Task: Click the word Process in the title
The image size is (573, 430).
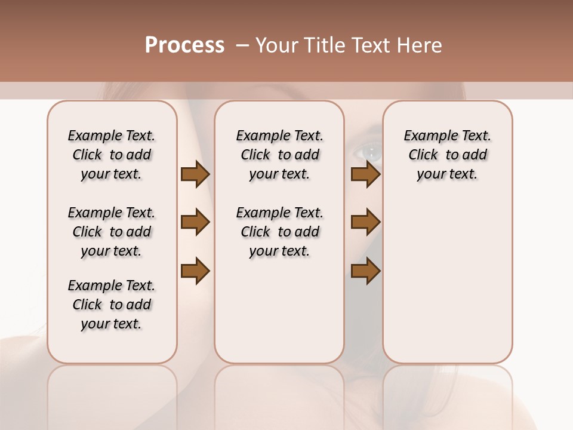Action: tap(184, 45)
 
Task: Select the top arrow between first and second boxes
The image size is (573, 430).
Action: tap(195, 174)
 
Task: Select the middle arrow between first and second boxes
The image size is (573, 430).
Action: tap(195, 222)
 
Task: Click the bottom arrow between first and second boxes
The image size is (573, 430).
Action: tap(195, 271)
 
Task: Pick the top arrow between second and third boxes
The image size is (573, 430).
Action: tap(365, 174)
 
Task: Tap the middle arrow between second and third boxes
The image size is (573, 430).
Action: tap(365, 222)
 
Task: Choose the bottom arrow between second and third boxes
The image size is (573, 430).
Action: tap(365, 271)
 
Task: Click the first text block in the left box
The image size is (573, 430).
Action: tap(112, 155)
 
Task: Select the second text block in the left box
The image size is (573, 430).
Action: tap(112, 232)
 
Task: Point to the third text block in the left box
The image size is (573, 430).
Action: tap(112, 305)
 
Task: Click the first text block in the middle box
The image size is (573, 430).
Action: tap(279, 155)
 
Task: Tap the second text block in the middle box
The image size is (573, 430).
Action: tap(279, 232)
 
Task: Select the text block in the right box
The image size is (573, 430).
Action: tap(447, 155)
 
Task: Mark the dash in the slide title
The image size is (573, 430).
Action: tap(242, 45)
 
